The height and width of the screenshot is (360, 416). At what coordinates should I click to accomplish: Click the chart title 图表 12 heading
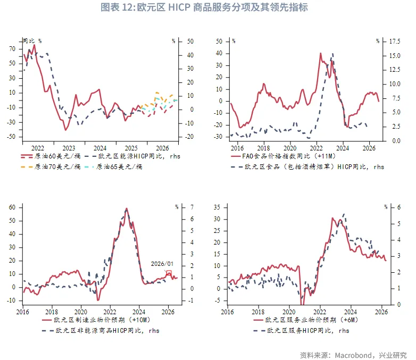point(207,7)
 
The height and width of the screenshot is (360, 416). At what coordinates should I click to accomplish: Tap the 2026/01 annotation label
point(162,264)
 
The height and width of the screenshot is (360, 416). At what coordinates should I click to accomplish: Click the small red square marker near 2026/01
point(169,273)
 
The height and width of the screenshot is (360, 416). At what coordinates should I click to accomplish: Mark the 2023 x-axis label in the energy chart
point(69,148)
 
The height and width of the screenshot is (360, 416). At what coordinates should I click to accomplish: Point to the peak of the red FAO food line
point(321,53)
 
